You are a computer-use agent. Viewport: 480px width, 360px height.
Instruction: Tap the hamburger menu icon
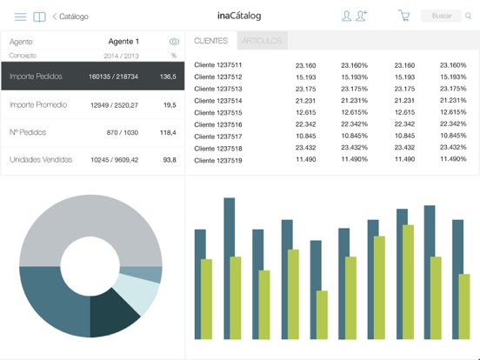[20, 17]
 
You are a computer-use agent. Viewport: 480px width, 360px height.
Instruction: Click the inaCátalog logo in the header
[239, 16]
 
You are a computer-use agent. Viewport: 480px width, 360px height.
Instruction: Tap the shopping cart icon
[403, 16]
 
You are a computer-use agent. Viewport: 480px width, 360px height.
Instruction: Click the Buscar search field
[441, 16]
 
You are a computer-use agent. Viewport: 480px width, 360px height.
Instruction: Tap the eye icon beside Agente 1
[174, 42]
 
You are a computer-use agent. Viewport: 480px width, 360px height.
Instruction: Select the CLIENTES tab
[211, 41]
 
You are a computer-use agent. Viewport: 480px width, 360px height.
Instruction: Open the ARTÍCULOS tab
[261, 41]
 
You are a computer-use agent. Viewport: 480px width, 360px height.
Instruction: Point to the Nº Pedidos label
[28, 132]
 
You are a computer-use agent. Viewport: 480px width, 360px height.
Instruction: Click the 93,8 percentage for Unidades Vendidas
[169, 160]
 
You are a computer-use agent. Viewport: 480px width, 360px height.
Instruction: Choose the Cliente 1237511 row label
[218, 65]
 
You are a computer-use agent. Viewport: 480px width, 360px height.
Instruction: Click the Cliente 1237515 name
[218, 113]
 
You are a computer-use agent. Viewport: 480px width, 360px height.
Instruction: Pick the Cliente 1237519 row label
[218, 160]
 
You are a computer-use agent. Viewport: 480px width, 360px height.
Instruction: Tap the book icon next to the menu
[39, 17]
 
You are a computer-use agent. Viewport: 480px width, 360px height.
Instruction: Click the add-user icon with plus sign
[363, 16]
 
